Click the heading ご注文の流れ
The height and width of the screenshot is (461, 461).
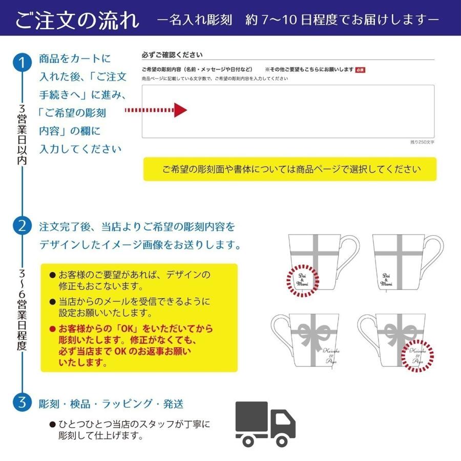click(x=77, y=20)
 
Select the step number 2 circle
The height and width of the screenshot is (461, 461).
click(x=22, y=226)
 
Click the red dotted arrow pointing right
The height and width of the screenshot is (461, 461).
click(x=156, y=110)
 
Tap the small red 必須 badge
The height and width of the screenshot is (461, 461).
click(x=360, y=70)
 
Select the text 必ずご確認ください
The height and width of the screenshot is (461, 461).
click(x=172, y=55)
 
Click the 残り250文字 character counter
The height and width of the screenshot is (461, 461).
click(x=422, y=142)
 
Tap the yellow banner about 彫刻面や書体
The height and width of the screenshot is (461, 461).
click(x=290, y=169)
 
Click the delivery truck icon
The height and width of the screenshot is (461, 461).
click(x=265, y=423)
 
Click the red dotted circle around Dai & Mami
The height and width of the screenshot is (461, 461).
click(x=302, y=280)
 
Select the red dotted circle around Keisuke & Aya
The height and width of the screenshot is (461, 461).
click(x=417, y=355)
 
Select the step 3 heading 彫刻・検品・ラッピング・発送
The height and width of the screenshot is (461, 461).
click(x=111, y=404)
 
